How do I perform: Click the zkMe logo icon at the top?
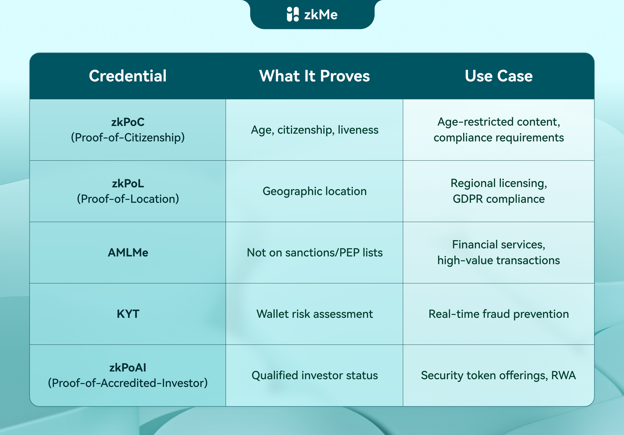(x=293, y=14)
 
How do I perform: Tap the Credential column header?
(x=128, y=76)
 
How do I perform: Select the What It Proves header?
(x=314, y=76)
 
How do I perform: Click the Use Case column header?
(x=499, y=76)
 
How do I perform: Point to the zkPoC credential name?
(x=128, y=122)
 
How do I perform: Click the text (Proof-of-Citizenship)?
(x=128, y=137)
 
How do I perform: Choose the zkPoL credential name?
(x=128, y=183)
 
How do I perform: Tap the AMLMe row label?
(x=128, y=253)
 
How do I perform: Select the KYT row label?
(x=128, y=314)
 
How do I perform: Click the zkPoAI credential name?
(x=128, y=368)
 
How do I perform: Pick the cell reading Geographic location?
(x=314, y=191)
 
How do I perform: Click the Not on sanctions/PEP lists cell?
(x=314, y=253)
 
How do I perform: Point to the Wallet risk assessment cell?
(x=314, y=314)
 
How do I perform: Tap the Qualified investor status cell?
(x=314, y=375)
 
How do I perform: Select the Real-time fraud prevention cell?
(x=499, y=314)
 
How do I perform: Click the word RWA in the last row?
(x=563, y=375)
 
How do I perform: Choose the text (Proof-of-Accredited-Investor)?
(x=128, y=383)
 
